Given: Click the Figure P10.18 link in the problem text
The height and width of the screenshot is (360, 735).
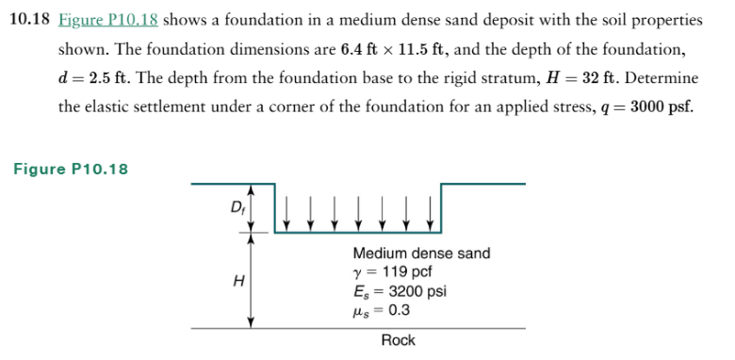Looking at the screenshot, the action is (x=115, y=20).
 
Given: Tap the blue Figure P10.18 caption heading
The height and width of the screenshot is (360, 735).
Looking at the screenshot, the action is (x=72, y=170).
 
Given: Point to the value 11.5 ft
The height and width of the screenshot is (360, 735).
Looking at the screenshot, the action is (x=423, y=48).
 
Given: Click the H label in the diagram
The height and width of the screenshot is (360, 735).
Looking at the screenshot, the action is (x=237, y=279).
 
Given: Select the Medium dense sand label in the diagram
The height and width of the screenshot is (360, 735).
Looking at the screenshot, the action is (x=421, y=254).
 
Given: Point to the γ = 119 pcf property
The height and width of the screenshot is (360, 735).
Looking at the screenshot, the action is (x=392, y=271).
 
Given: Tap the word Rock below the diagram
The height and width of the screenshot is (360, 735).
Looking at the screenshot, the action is (x=398, y=340).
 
